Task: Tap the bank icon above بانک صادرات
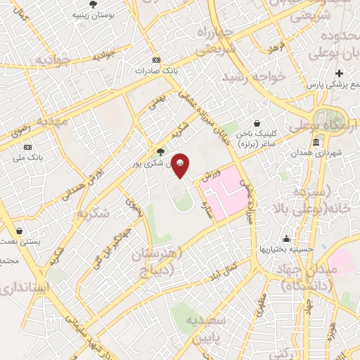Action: [x=156, y=60]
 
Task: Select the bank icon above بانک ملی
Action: [x=27, y=147]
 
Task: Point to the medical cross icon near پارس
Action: [x=340, y=74]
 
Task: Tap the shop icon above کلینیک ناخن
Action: [x=258, y=122]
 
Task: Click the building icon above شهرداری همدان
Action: [x=316, y=142]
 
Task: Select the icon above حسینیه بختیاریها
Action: [x=286, y=238]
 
